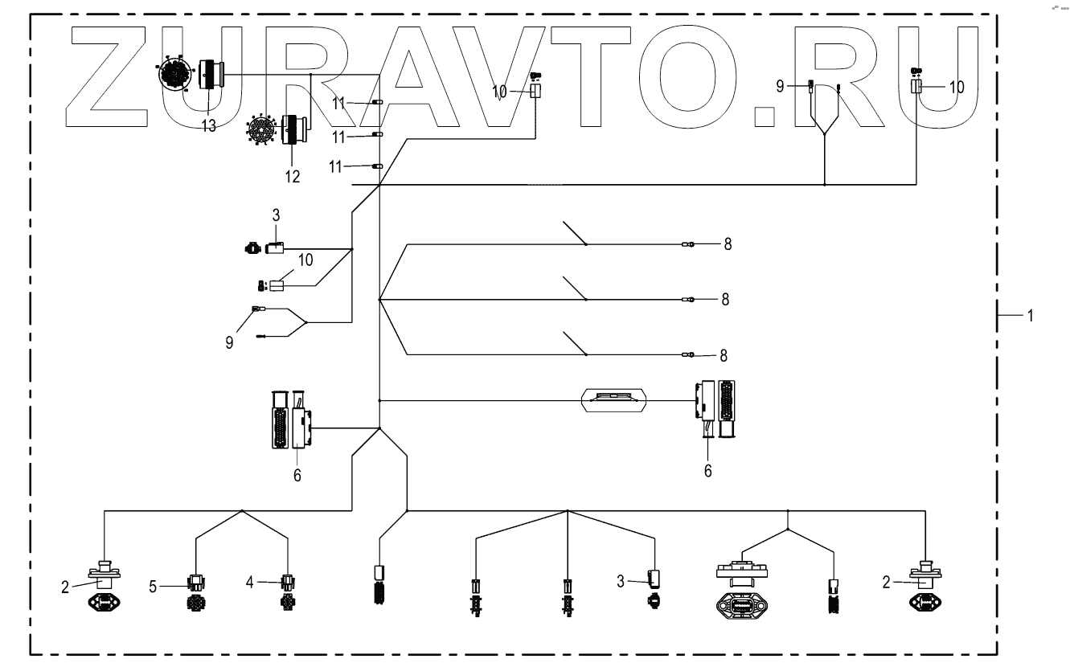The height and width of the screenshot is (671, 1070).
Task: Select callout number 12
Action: pos(292,176)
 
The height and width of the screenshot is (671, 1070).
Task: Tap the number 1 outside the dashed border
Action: pos(1029,317)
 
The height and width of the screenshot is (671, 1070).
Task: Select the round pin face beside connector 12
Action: pos(263,128)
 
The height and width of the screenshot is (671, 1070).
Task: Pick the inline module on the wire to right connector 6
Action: pos(615,399)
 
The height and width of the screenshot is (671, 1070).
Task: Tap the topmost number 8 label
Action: pos(727,244)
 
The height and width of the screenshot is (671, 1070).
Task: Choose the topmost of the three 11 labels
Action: pos(339,102)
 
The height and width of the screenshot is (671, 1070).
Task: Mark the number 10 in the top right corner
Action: pos(957,87)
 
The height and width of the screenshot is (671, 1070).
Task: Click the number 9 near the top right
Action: pos(780,86)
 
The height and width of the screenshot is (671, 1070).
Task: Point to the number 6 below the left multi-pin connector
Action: pos(297,475)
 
